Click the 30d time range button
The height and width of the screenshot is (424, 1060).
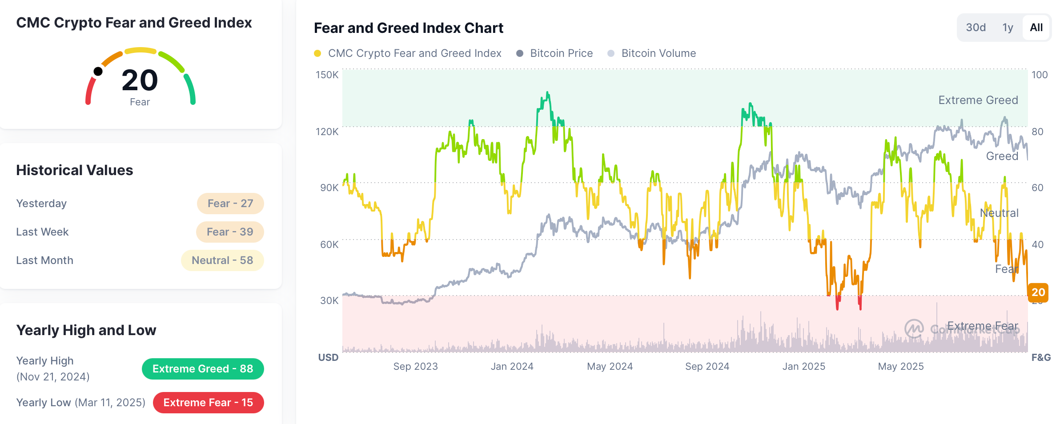pos(976,28)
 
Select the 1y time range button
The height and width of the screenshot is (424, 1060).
pos(1008,28)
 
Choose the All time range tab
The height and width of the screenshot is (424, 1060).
pos(1036,28)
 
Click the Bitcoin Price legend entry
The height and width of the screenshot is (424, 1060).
pos(561,53)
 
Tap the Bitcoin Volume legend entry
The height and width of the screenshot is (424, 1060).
pos(658,53)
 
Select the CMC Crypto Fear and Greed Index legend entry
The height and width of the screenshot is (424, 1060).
pos(414,53)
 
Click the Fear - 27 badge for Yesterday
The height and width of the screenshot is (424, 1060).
pos(230,204)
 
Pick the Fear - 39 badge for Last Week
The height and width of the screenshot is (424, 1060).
pos(230,232)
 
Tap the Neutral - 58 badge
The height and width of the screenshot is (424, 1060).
pos(222,260)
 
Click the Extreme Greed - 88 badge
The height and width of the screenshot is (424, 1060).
pos(203,369)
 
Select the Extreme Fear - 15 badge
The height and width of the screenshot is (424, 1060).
pos(208,403)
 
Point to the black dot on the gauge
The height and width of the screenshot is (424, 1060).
pos(98,72)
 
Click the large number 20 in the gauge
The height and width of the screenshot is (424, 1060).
pos(140,80)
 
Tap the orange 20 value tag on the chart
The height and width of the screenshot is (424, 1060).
pos(1038,292)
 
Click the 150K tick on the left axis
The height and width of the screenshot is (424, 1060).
pos(327,75)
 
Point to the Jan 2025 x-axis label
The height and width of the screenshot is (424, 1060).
pos(803,367)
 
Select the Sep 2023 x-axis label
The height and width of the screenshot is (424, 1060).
pos(415,367)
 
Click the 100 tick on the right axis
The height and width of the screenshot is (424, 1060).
pos(1039,75)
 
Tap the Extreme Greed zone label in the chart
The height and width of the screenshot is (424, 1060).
pos(978,100)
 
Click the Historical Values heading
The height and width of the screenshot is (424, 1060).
pos(74,170)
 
